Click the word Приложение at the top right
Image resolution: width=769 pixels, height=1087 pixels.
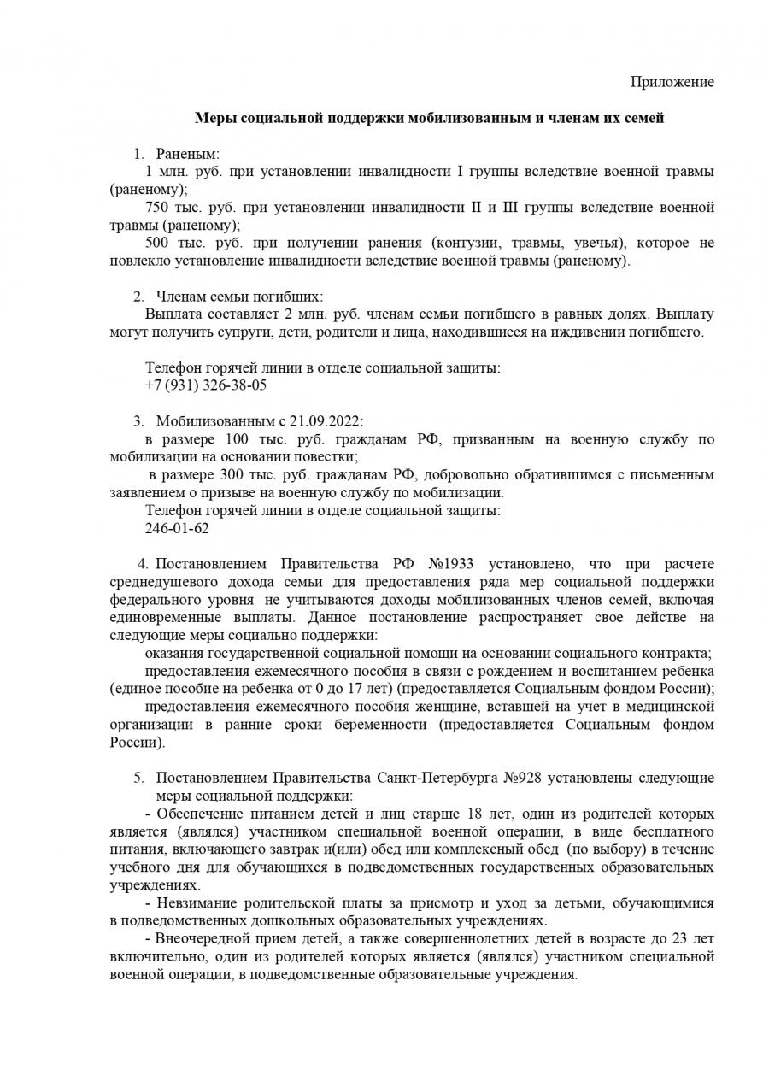click(672, 82)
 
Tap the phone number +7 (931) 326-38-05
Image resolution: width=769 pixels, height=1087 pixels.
click(206, 385)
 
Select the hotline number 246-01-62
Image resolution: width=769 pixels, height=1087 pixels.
click(177, 528)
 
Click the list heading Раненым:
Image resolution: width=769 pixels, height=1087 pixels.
click(188, 155)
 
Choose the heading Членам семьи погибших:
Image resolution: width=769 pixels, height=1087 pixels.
click(239, 297)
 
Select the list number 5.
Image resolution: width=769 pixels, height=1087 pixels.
click(138, 779)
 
